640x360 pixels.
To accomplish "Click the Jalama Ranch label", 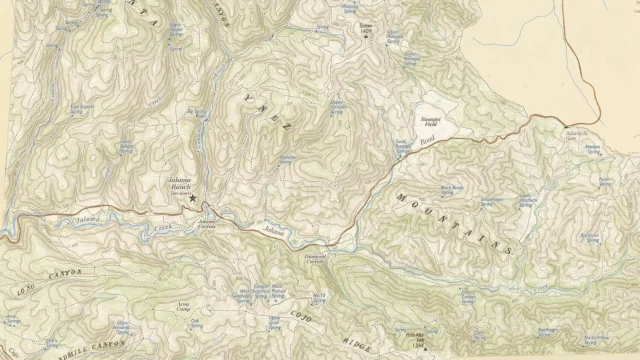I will coord(179,182).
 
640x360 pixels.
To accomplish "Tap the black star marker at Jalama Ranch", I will coord(192,199).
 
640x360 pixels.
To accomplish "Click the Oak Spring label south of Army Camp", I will coord(196,325).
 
